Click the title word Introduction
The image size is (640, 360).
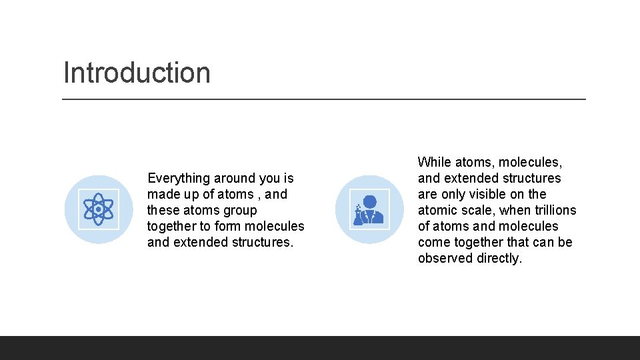tap(137, 73)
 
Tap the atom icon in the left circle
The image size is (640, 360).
tap(99, 209)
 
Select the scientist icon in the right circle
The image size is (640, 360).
tap(369, 209)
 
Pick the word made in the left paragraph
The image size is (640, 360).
tap(162, 194)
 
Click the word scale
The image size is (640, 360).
tap(478, 210)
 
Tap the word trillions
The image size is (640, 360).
tap(555, 210)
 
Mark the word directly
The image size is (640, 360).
tap(499, 258)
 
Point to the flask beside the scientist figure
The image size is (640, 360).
tap(359, 214)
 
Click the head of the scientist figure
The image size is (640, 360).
tap(370, 201)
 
